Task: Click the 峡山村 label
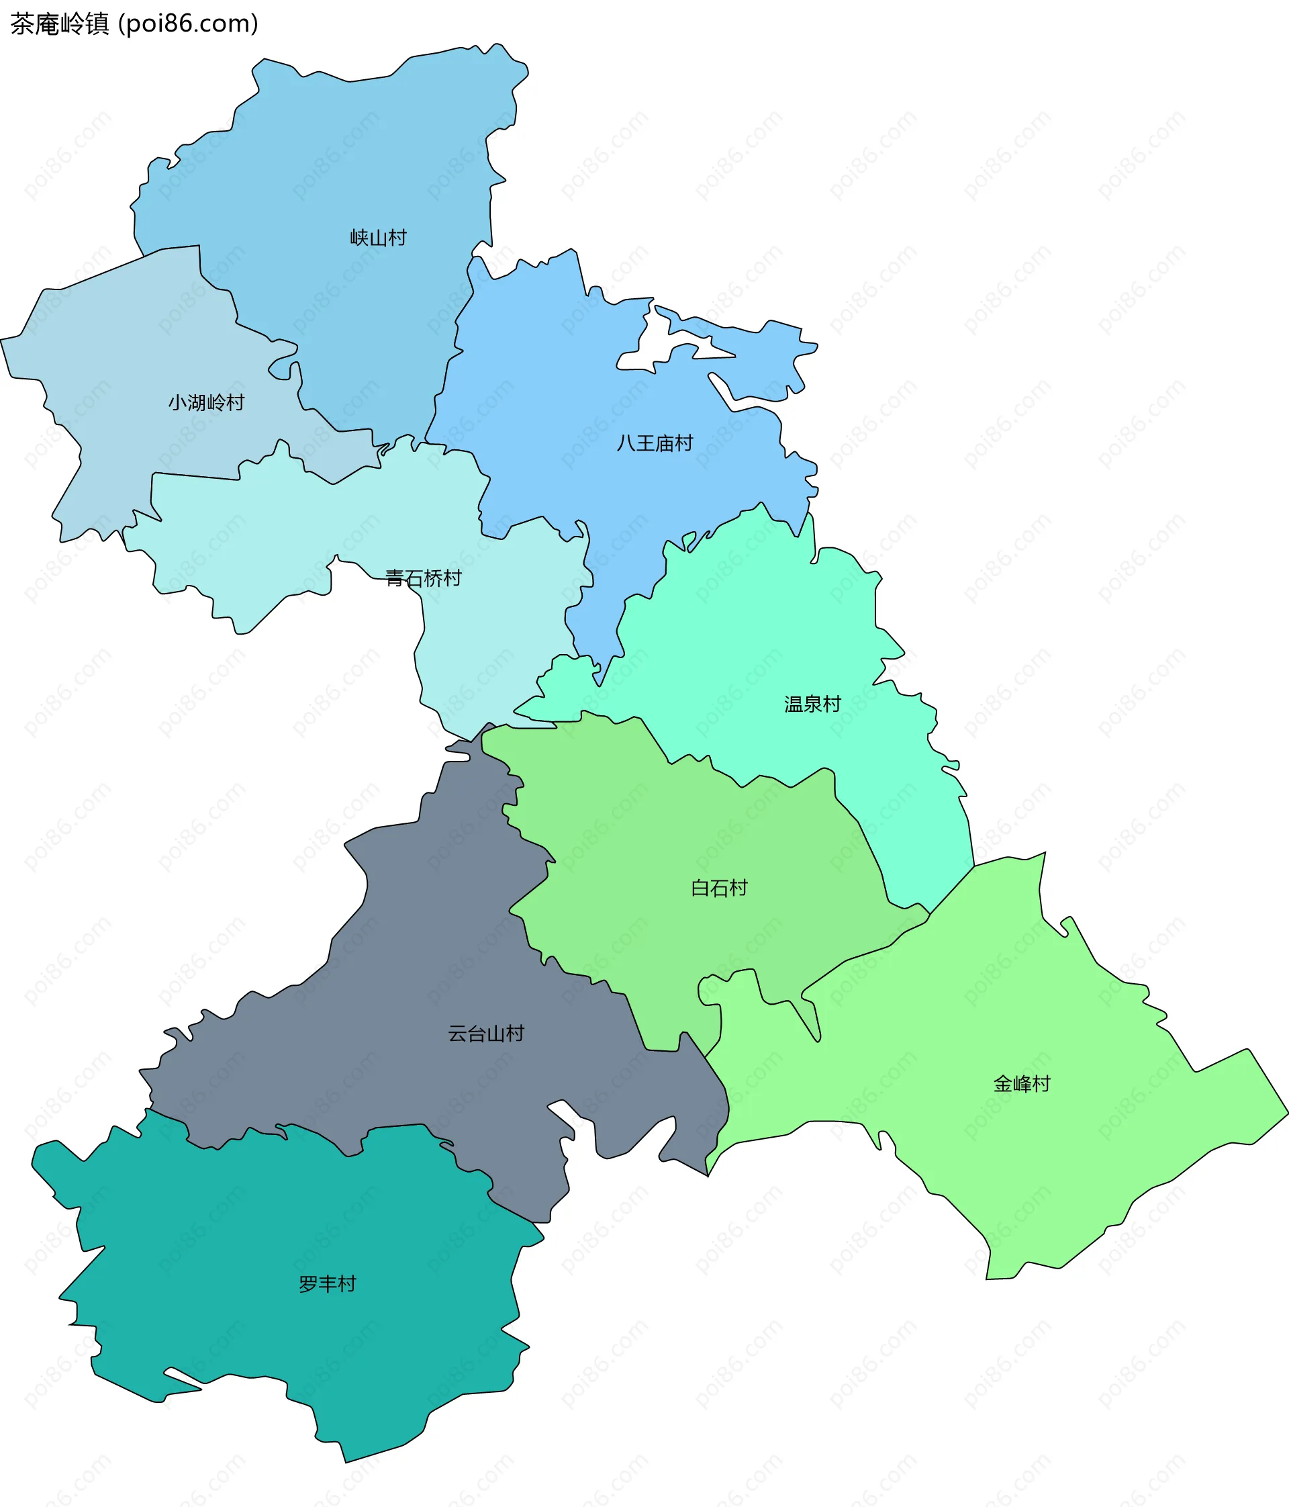coord(378,238)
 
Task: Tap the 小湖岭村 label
coord(207,402)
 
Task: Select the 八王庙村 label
coord(655,443)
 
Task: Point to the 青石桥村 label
coord(423,578)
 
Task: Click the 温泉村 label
coord(812,704)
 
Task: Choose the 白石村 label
coord(719,888)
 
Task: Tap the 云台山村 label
coord(485,1034)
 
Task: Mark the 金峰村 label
coord(1021,1085)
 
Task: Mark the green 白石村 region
coord(655,836)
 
